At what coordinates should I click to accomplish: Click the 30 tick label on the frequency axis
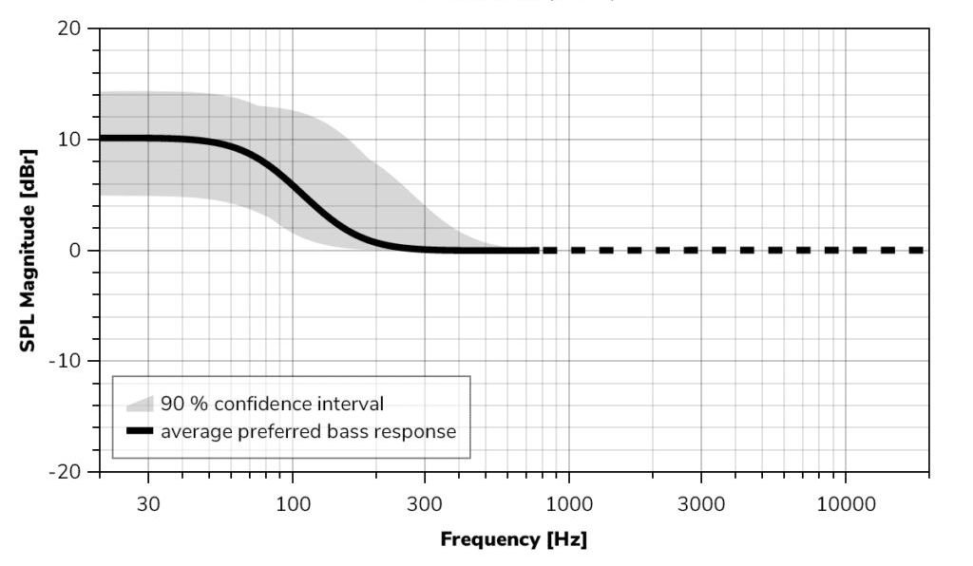(x=148, y=503)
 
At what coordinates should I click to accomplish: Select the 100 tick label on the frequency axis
(x=293, y=503)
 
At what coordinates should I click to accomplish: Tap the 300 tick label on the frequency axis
(x=424, y=503)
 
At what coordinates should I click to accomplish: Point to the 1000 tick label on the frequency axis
(x=569, y=503)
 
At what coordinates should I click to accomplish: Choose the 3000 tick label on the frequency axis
(x=701, y=503)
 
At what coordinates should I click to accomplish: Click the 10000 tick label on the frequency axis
(x=846, y=503)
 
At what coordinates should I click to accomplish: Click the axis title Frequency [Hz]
(x=513, y=539)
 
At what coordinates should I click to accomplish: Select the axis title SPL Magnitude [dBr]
(x=29, y=250)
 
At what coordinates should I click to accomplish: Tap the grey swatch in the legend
(x=140, y=404)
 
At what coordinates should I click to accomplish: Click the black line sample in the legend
(x=140, y=432)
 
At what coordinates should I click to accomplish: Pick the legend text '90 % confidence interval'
(x=272, y=404)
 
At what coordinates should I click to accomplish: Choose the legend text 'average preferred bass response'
(x=308, y=432)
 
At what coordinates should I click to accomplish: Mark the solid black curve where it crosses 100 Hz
(x=293, y=187)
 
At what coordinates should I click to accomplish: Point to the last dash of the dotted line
(x=916, y=250)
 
